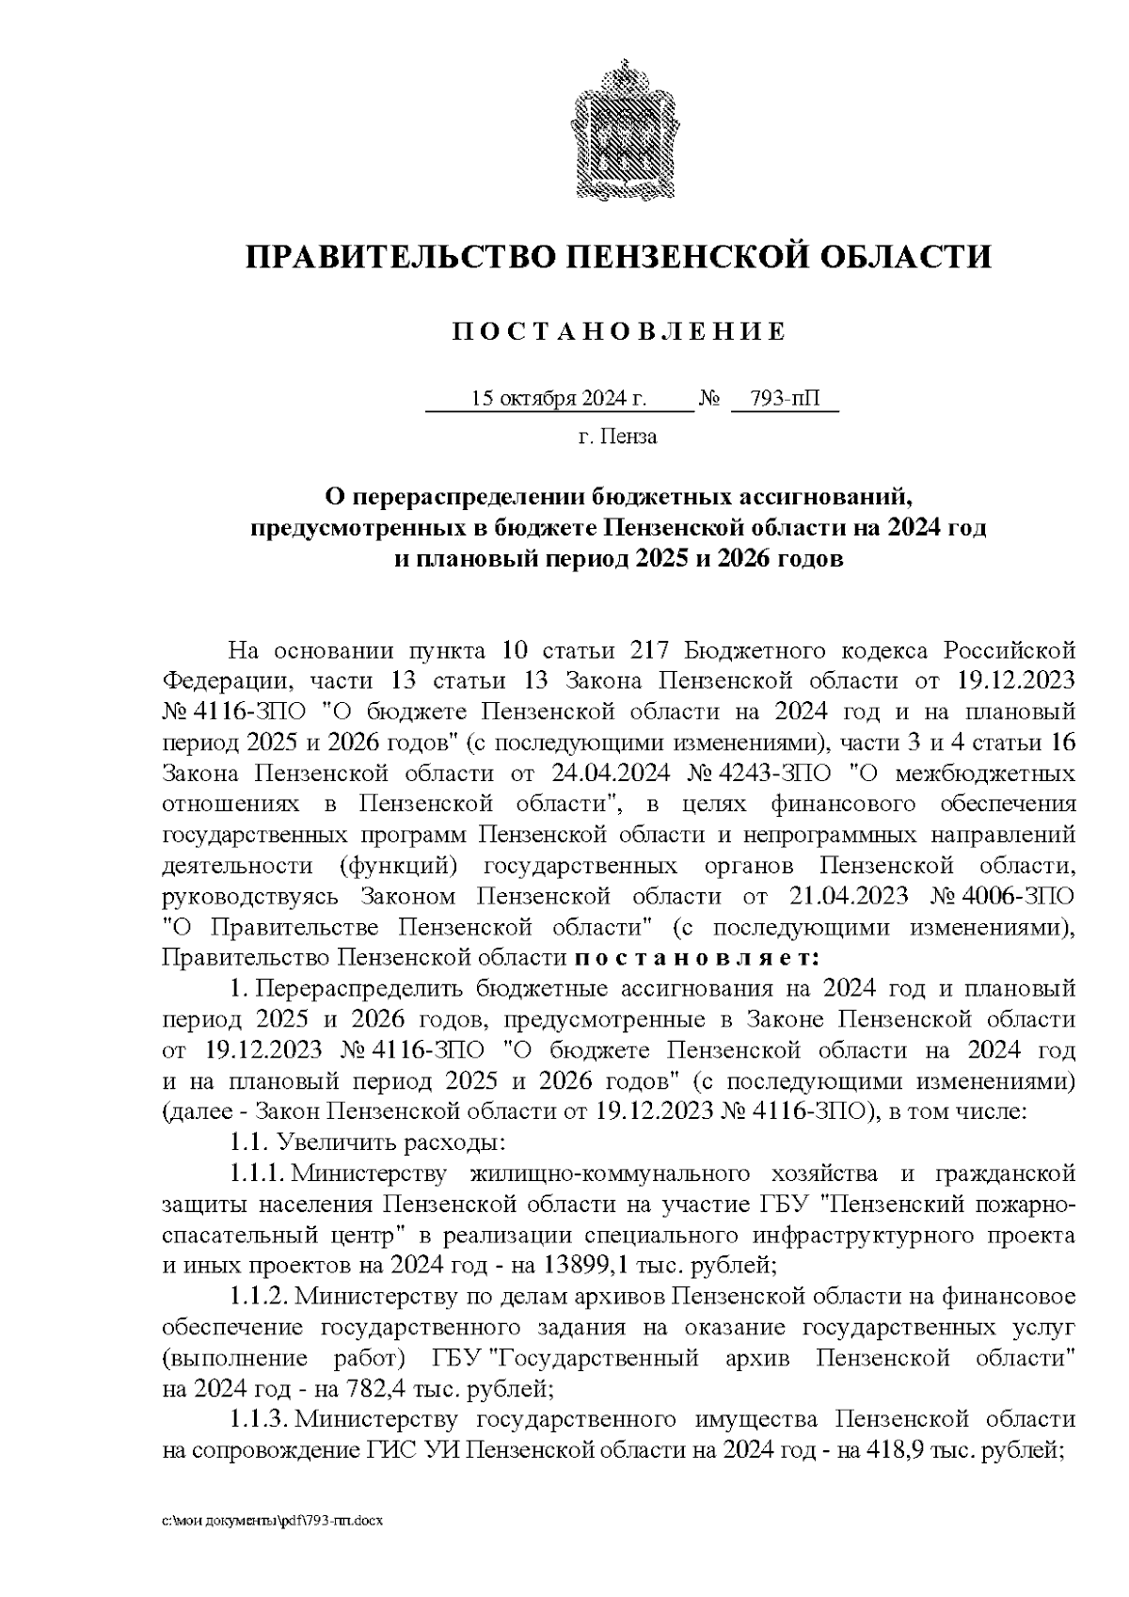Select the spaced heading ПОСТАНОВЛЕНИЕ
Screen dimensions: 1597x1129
[619, 332]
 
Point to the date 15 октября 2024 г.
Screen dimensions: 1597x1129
[559, 399]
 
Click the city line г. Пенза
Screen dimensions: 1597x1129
[618, 437]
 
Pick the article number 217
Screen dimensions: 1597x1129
[652, 650]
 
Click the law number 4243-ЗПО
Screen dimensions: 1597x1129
[769, 774]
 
